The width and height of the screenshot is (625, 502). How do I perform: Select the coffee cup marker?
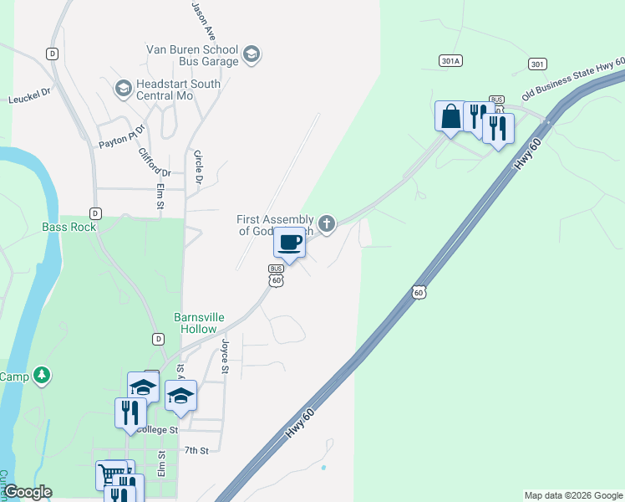(x=289, y=243)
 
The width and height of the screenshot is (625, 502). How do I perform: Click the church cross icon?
(x=327, y=223)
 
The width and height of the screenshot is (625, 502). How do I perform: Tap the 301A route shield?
(x=450, y=60)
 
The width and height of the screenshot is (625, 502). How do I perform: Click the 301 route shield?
(x=538, y=64)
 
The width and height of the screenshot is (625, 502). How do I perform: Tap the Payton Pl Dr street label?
(x=122, y=136)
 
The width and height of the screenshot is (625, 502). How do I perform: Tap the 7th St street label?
(x=196, y=450)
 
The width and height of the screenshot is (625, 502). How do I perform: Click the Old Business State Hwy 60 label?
(x=572, y=77)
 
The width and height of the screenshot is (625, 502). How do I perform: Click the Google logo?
(x=27, y=492)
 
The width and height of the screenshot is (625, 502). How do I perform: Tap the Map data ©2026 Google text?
(x=572, y=495)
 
